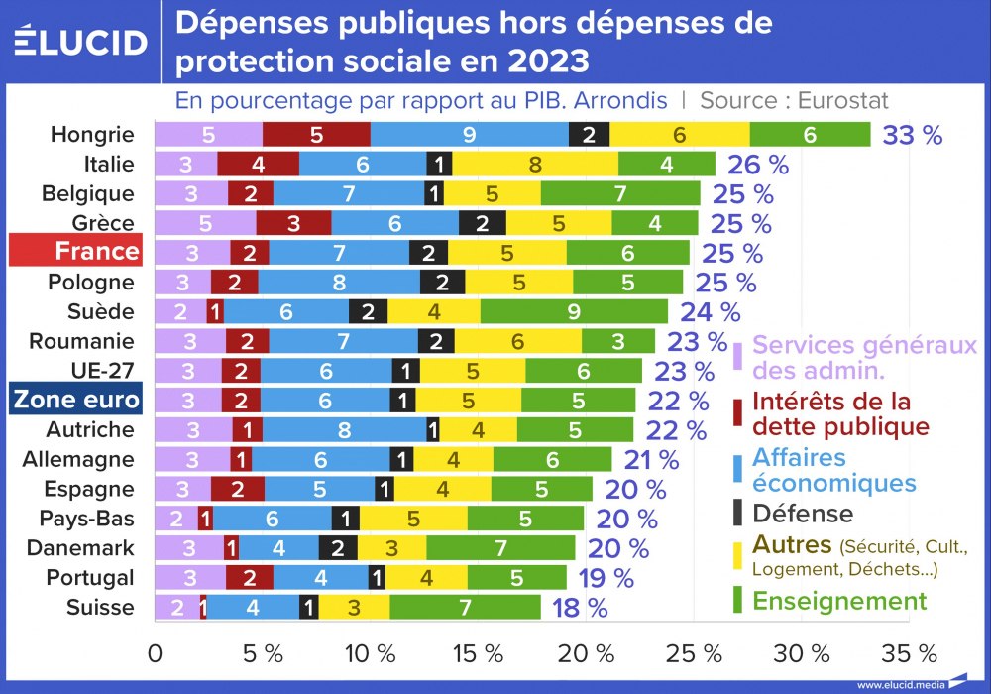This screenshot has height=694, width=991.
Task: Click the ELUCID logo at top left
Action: coord(80,42)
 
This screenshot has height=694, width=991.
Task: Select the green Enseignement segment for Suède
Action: coord(574,311)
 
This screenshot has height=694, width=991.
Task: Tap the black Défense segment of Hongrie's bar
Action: coord(589,134)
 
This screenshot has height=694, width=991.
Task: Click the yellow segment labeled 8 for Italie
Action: coord(535,164)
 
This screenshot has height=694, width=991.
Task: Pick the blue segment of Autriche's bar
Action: coord(345,429)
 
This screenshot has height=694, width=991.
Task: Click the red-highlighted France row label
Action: coord(75,251)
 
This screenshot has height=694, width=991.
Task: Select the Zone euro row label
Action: coord(75,400)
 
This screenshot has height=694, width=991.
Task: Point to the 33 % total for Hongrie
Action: coord(912,135)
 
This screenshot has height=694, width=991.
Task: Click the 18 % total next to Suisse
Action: coord(580,608)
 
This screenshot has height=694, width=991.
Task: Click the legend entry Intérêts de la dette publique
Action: coord(840,414)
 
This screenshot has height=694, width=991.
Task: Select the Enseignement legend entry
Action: coord(839,601)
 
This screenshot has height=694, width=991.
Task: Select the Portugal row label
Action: coord(90,577)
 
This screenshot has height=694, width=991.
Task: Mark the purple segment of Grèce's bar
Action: coord(205,222)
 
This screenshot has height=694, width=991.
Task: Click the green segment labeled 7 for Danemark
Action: coord(500,548)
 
